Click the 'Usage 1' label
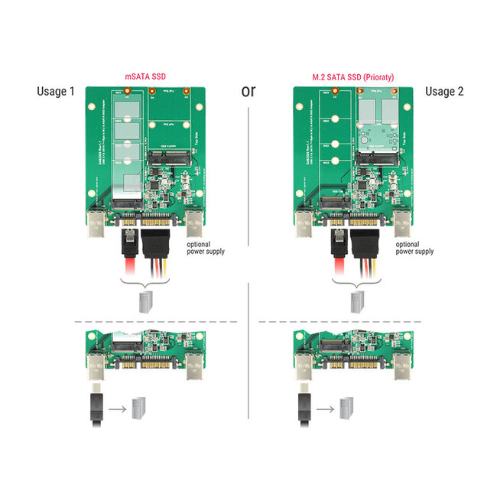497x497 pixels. coord(56,92)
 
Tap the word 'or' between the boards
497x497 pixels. coord(248,91)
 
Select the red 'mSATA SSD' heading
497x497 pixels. coord(146,76)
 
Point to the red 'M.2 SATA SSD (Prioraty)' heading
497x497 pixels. coord(353,76)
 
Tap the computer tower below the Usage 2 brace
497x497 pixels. coord(354,300)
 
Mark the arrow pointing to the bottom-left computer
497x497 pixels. coord(117,409)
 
